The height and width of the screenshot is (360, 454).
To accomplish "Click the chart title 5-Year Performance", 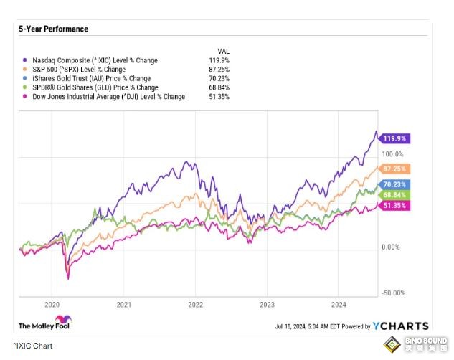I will click(x=53, y=29).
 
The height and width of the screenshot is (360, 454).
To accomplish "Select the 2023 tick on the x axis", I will click(x=267, y=303).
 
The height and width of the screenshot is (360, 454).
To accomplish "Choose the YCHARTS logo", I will click(x=400, y=326).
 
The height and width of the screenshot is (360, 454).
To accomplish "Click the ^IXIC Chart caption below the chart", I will click(x=32, y=346).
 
